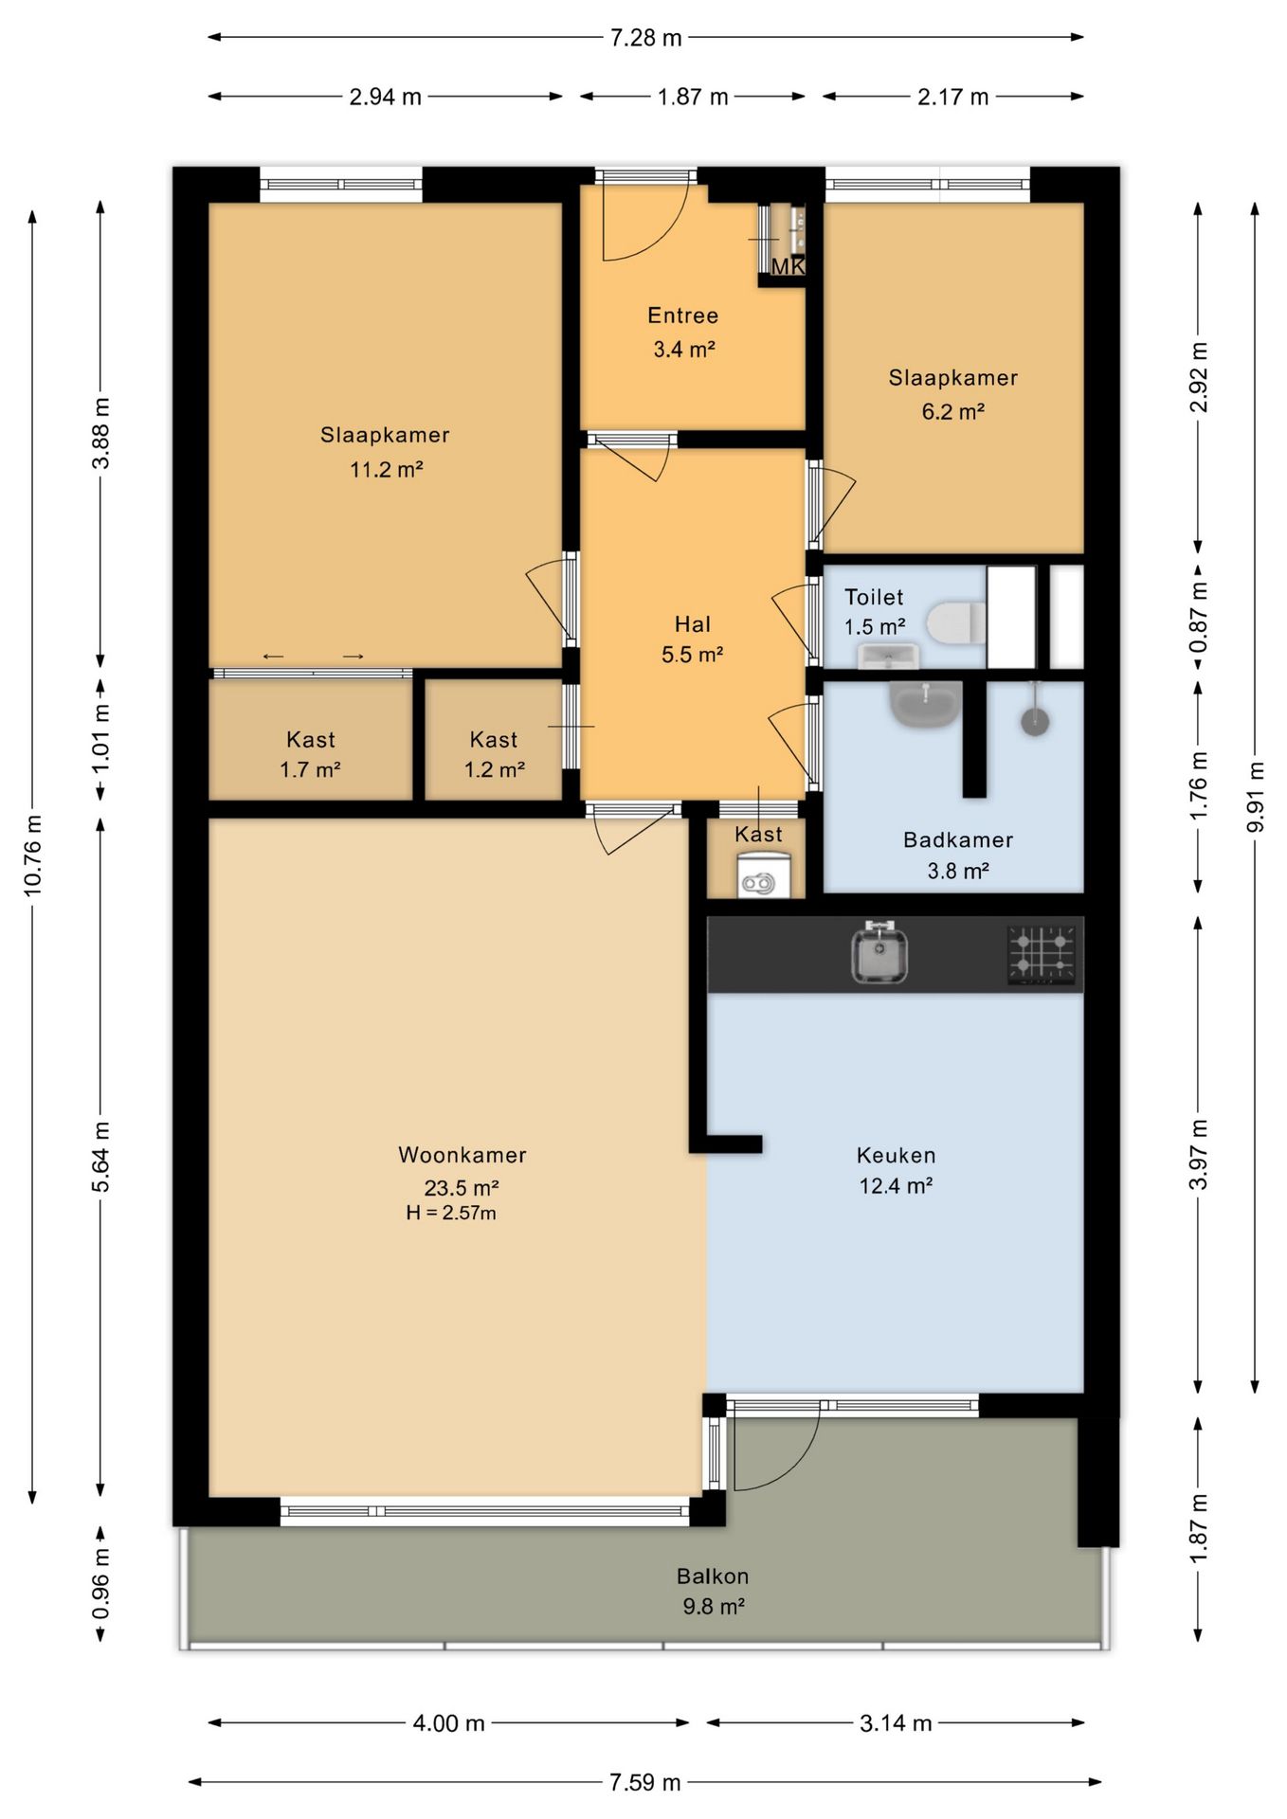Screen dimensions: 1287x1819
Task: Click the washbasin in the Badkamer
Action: point(925,705)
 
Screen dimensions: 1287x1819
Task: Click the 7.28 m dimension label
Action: point(645,38)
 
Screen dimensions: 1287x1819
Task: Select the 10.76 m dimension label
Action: point(32,855)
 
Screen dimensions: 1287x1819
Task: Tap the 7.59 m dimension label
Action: point(644,1782)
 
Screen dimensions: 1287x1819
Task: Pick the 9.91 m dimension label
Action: point(1255,797)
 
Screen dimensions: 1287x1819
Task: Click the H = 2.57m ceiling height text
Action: point(451,1213)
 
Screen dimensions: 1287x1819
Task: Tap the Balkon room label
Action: point(713,1576)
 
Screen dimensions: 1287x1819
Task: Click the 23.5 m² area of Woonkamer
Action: point(462,1187)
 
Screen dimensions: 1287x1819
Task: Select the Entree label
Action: point(682,315)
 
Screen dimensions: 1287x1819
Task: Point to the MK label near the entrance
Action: point(788,267)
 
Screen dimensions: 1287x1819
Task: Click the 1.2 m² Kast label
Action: point(494,769)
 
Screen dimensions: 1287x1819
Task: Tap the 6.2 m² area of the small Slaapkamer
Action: point(952,411)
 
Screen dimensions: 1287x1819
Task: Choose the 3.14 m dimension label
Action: point(896,1722)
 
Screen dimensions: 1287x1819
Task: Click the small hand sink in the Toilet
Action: point(888,655)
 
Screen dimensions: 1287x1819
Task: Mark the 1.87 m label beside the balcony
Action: point(1198,1530)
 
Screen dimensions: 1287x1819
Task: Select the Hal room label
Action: point(692,624)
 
